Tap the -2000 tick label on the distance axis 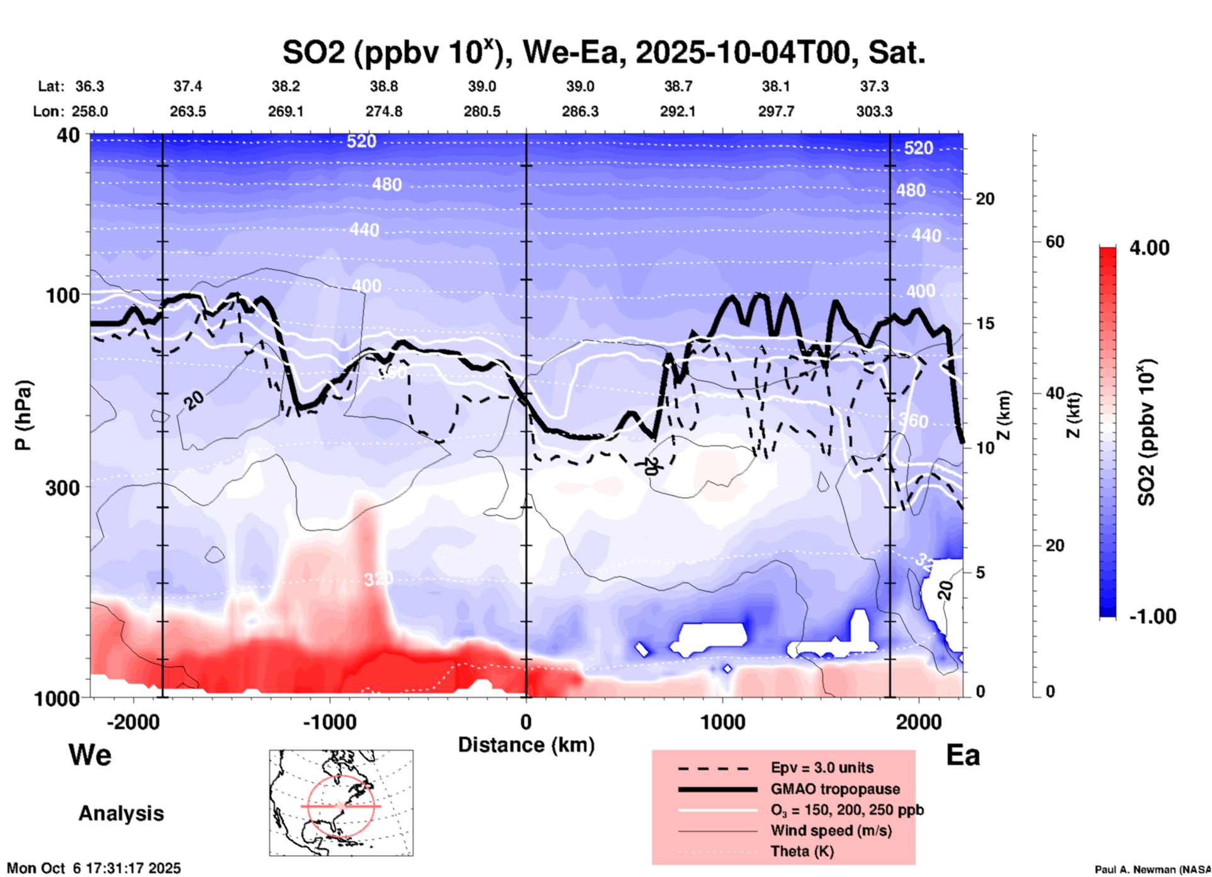133,722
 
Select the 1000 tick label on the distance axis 722,722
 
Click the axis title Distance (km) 526,745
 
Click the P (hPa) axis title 23,415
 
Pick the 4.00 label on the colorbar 1149,247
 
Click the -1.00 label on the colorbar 1152,617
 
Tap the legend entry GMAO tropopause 835,789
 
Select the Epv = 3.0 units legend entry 822,768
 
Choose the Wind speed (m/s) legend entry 831,830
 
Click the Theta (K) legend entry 802,851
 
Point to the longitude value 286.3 580,111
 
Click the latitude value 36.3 89,86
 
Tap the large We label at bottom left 90,755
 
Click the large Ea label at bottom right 963,756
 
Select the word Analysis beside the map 121,813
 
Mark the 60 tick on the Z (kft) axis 1055,242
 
